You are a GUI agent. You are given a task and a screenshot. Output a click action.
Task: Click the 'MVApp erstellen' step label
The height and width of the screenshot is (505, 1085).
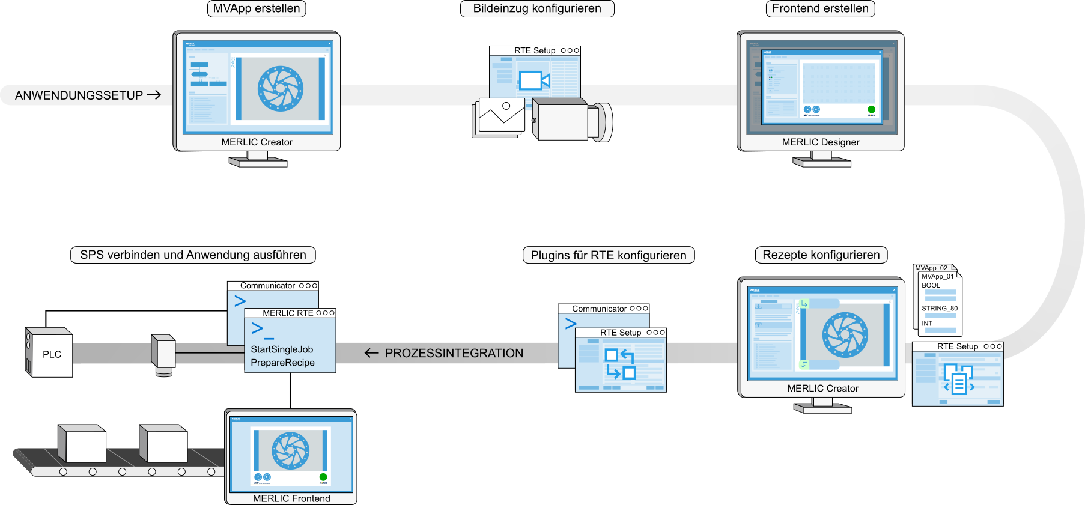(257, 9)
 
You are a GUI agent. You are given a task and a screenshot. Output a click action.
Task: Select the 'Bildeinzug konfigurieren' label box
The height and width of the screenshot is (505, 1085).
(537, 9)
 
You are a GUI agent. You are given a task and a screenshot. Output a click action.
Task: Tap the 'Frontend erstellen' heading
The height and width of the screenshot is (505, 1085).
(820, 9)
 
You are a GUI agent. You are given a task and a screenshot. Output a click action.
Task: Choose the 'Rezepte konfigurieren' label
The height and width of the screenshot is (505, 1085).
(821, 255)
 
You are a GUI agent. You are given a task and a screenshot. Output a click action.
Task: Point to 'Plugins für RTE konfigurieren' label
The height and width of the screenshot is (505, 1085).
(609, 256)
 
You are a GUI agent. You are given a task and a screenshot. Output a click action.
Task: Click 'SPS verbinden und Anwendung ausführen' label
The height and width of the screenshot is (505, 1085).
(193, 255)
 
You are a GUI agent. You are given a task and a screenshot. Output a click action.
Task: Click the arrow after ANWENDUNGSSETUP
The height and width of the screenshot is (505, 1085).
(154, 95)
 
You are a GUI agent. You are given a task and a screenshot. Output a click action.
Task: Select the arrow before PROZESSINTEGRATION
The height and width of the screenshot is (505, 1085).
(371, 353)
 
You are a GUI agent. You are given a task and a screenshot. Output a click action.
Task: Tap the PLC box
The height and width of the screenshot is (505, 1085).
(51, 354)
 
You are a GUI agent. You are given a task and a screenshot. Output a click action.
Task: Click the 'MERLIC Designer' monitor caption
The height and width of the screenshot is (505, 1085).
(821, 142)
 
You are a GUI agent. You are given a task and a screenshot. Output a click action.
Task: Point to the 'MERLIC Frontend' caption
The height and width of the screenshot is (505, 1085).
(291, 498)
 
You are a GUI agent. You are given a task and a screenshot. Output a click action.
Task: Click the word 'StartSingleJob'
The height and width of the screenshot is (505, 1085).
(282, 349)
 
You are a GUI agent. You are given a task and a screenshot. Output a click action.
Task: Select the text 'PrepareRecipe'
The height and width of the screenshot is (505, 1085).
(282, 363)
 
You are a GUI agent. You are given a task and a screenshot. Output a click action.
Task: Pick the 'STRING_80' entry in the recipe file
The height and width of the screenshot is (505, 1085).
(940, 309)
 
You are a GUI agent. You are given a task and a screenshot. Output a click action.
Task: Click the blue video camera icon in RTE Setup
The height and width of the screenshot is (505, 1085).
(534, 80)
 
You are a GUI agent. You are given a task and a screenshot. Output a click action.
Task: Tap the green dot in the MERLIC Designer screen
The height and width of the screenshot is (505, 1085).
(871, 109)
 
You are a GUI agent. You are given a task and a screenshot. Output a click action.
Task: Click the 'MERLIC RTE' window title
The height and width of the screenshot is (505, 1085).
(288, 313)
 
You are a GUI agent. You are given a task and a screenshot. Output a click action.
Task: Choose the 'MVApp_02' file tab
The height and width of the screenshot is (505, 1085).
(931, 268)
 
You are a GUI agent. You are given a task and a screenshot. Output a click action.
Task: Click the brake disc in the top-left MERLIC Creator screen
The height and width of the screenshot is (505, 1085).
(281, 89)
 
